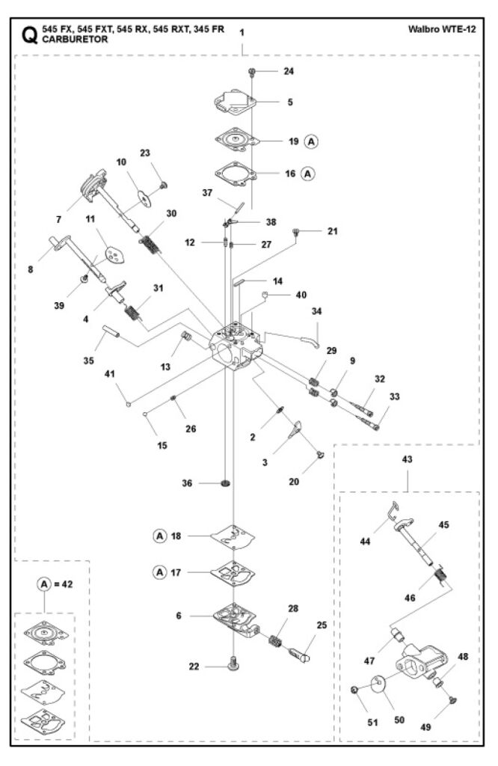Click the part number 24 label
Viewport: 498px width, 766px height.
click(289, 71)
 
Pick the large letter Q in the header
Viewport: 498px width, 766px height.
click(29, 35)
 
